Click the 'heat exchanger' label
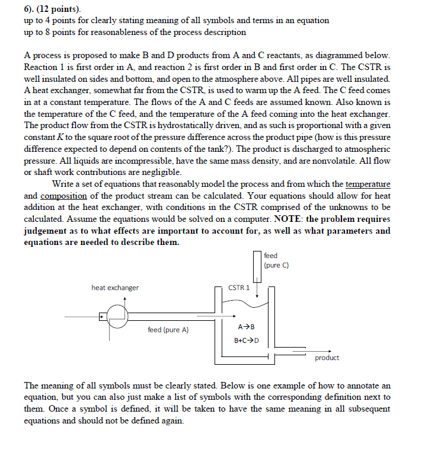[115, 288]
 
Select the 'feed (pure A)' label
[168, 330]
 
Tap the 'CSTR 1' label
[239, 288]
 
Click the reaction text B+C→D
[246, 340]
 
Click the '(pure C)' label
[276, 265]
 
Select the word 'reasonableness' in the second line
[100, 31]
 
